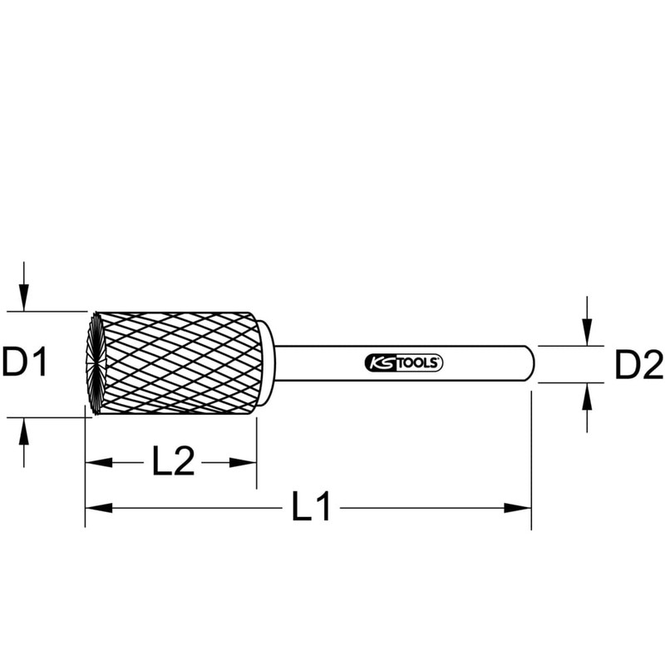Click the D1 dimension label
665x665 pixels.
pyautogui.click(x=24, y=362)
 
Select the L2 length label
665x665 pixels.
pyautogui.click(x=173, y=461)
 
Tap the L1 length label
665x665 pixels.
pyautogui.click(x=311, y=506)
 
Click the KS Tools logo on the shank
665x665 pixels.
pyautogui.click(x=403, y=363)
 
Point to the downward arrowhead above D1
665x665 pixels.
pyautogui.click(x=24, y=298)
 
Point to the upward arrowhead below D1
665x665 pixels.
pyautogui.click(x=24, y=431)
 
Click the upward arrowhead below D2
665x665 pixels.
pyautogui.click(x=587, y=397)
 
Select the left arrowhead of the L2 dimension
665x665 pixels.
pyautogui.click(x=99, y=463)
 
